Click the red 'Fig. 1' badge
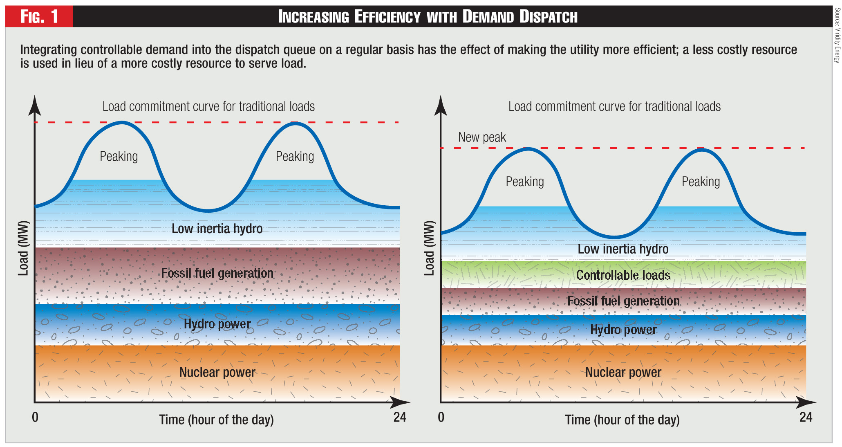pyautogui.click(x=39, y=16)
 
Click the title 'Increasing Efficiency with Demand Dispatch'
pyautogui.click(x=428, y=16)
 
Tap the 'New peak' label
pyautogui.click(x=482, y=137)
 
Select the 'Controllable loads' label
pyautogui.click(x=623, y=275)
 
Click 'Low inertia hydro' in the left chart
pyautogui.click(x=217, y=229)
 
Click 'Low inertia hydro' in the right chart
pyautogui.click(x=623, y=249)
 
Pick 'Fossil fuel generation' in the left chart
pyautogui.click(x=217, y=273)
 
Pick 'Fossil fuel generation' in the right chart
pyautogui.click(x=623, y=301)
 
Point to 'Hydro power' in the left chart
pyautogui.click(x=217, y=324)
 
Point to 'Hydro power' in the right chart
pyautogui.click(x=623, y=330)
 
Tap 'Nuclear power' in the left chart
pyautogui.click(x=217, y=372)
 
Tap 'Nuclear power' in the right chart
pyautogui.click(x=623, y=372)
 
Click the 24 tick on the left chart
pyautogui.click(x=400, y=417)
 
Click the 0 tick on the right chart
pyautogui.click(x=441, y=417)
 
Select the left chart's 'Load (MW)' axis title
pyautogui.click(x=23, y=248)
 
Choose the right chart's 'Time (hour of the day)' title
pyautogui.click(x=622, y=420)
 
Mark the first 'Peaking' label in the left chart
pyautogui.click(x=119, y=156)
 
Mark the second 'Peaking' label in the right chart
pyautogui.click(x=701, y=182)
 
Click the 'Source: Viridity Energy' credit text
pyautogui.click(x=837, y=35)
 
